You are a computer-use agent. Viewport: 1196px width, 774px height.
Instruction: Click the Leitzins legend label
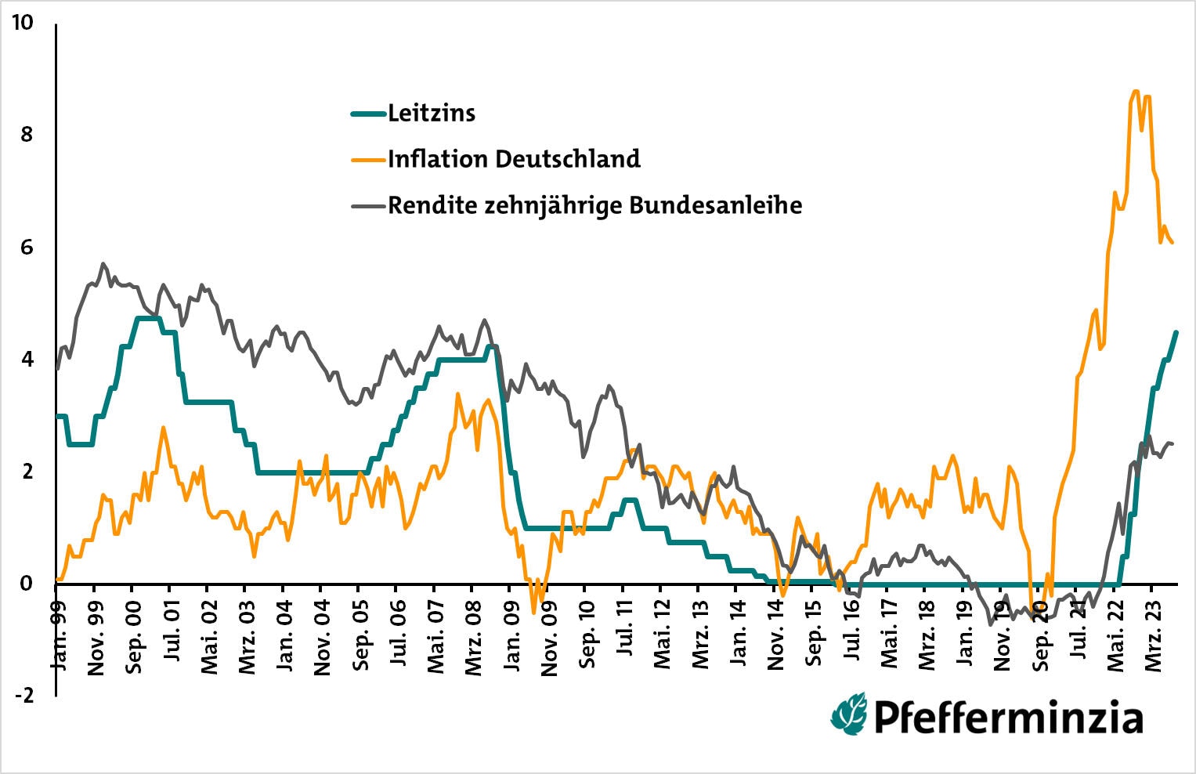click(x=432, y=114)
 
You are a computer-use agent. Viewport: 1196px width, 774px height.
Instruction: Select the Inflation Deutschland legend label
click(x=514, y=159)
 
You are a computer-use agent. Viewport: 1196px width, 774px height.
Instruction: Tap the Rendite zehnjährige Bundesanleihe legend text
click(x=594, y=205)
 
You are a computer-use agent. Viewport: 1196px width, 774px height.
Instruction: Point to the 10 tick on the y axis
click(x=23, y=23)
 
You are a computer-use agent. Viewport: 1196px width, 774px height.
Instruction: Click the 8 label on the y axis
click(x=27, y=135)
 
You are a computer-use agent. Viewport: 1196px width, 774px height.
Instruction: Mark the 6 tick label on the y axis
click(x=27, y=248)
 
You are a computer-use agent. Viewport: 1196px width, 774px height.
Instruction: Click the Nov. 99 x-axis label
click(x=96, y=638)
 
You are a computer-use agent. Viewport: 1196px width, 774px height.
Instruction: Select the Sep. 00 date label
click(x=133, y=638)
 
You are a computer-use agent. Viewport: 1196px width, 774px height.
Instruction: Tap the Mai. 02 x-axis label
click(x=209, y=636)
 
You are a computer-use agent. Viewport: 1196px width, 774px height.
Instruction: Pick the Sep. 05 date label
click(x=360, y=638)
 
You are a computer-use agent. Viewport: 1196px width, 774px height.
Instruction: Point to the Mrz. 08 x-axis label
click(x=474, y=636)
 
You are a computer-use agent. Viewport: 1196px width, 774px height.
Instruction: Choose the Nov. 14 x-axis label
click(x=776, y=638)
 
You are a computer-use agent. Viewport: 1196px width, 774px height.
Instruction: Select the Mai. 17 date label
click(x=890, y=636)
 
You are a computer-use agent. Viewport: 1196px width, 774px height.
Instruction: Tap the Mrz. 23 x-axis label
click(x=1154, y=636)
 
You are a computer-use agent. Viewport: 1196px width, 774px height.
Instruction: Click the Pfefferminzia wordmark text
click(x=1007, y=717)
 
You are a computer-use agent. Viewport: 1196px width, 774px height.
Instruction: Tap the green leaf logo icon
click(x=849, y=714)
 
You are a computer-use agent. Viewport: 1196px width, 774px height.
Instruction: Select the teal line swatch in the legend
click(x=368, y=114)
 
